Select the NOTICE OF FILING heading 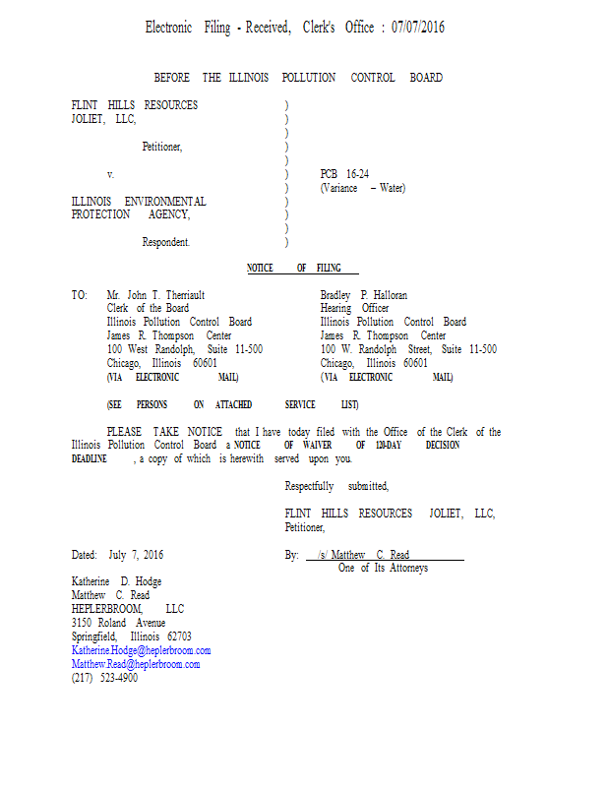(x=302, y=268)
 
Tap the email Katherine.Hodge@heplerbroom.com (x=141, y=650)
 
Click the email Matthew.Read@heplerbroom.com (x=136, y=664)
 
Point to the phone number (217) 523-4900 (x=104, y=678)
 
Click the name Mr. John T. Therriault (x=155, y=295)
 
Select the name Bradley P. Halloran (x=363, y=295)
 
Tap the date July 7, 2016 (x=136, y=555)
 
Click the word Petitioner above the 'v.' (x=162, y=147)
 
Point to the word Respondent (x=166, y=241)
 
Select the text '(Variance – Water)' (x=362, y=188)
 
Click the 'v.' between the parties (x=111, y=174)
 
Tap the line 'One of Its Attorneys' (x=383, y=568)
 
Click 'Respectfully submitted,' (x=336, y=486)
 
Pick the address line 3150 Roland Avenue (x=119, y=623)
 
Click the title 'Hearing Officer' (x=354, y=308)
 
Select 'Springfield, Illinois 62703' (x=132, y=636)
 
